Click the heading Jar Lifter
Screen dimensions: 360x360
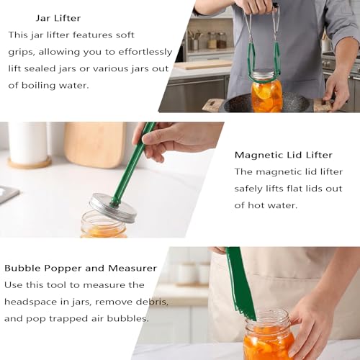(x=58, y=18)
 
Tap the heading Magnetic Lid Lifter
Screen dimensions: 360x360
(x=284, y=155)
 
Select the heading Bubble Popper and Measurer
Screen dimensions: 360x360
(x=81, y=268)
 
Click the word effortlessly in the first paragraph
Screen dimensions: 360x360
(x=145, y=52)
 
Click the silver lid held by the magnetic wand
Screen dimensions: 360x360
(x=112, y=207)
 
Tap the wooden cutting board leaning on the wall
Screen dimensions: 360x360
(x=95, y=145)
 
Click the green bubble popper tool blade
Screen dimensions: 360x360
(x=240, y=283)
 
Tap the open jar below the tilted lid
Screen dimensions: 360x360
(x=104, y=225)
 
